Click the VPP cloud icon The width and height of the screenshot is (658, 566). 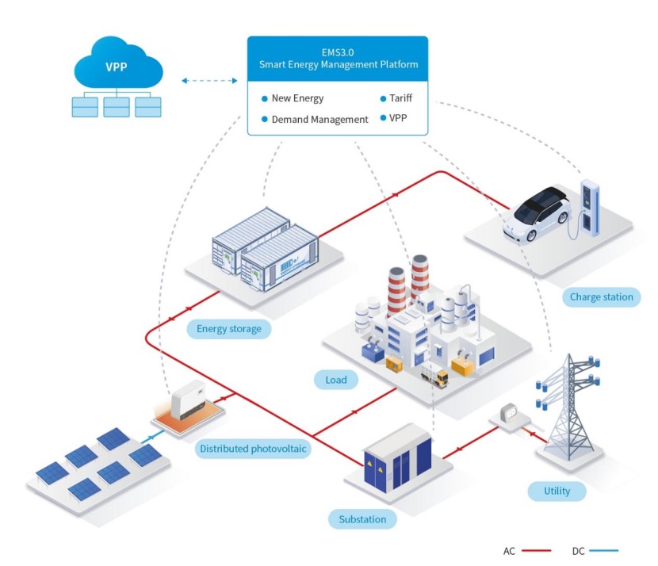[x=118, y=63]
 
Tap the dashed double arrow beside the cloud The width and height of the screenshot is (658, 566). [x=209, y=81]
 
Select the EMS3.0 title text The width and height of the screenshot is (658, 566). [x=338, y=52]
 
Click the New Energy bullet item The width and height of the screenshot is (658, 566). [x=293, y=98]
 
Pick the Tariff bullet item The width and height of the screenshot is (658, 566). [x=396, y=98]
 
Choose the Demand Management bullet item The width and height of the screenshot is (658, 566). [x=315, y=120]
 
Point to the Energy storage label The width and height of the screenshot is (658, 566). [x=228, y=328]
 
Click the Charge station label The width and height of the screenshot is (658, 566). [x=602, y=297]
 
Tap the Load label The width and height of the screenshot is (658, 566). [x=336, y=381]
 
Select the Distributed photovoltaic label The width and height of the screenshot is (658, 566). [x=253, y=449]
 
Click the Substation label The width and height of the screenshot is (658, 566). [x=362, y=519]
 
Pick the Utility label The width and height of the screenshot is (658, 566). [x=557, y=491]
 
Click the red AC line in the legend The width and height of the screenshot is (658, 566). [x=536, y=550]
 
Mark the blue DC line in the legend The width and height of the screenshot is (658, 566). [x=603, y=550]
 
